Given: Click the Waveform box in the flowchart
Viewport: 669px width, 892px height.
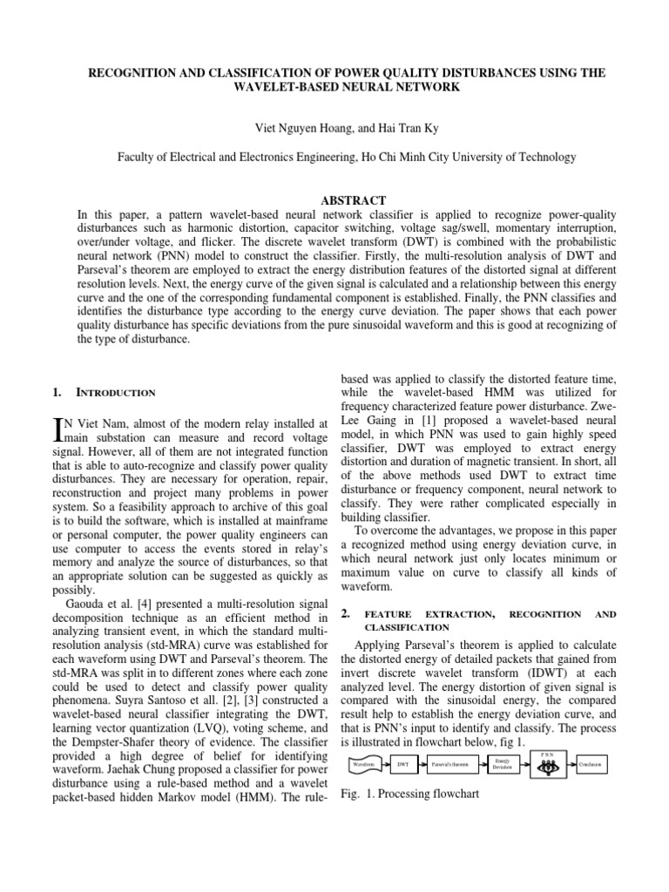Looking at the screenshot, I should [366, 764].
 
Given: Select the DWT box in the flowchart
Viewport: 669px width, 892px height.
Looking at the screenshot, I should [402, 764].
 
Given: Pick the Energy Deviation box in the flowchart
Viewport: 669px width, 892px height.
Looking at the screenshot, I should [503, 764].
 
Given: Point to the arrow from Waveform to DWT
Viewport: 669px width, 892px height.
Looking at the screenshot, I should [386, 764].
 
